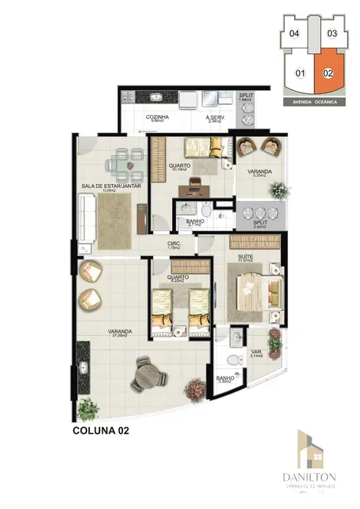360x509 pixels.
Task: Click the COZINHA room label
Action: [157, 117]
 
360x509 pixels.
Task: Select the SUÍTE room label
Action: [243, 257]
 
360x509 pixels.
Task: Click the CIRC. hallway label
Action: [175, 244]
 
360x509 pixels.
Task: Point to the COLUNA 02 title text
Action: [101, 431]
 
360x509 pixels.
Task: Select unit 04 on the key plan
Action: [294, 34]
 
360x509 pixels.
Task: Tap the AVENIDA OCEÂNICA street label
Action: [311, 102]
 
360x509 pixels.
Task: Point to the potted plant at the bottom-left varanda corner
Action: [87, 408]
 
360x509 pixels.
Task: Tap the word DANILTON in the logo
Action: [311, 475]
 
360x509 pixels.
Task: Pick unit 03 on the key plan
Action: [332, 34]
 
